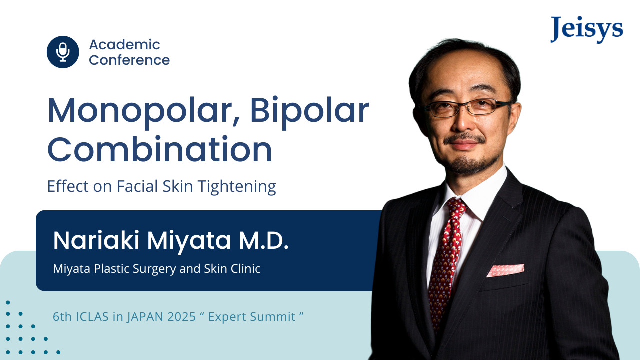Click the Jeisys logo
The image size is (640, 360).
click(587, 29)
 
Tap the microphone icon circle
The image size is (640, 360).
click(63, 52)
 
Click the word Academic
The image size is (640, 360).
click(124, 45)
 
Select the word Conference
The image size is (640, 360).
click(129, 60)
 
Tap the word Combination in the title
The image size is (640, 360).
click(160, 149)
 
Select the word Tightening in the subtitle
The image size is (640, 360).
click(237, 187)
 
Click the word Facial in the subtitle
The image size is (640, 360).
click(137, 186)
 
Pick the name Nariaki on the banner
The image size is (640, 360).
click(96, 240)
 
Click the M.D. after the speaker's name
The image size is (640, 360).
click(263, 241)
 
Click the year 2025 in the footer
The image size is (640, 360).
click(181, 317)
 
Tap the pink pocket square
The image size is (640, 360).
click(505, 270)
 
